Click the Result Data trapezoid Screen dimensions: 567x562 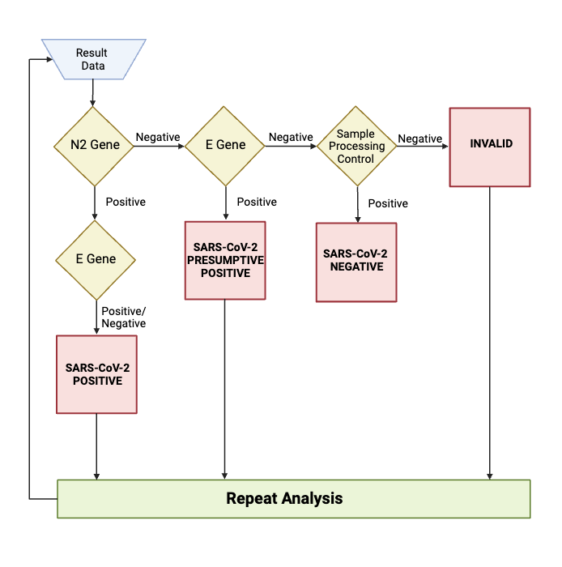93,59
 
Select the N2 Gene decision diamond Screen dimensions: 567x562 95,146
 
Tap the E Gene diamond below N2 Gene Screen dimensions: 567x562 95,260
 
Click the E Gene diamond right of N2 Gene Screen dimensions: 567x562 225,146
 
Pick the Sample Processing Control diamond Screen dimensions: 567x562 356,147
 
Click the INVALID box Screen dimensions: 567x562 490,147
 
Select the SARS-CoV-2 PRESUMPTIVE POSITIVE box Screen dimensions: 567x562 225,260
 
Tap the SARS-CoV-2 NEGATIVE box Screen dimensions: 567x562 356,262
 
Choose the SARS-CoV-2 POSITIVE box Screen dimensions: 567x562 96,373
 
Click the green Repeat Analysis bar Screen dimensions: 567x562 293,498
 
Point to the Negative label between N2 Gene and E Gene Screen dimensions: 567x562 158,138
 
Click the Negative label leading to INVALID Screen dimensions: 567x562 420,139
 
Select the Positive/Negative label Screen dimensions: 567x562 124,317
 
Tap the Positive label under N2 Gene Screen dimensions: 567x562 126,202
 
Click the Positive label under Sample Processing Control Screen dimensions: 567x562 388,203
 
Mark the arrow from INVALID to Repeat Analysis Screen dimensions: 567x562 490,332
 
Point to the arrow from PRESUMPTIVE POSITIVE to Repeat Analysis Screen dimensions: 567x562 225,389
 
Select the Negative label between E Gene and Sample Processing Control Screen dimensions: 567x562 291,138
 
